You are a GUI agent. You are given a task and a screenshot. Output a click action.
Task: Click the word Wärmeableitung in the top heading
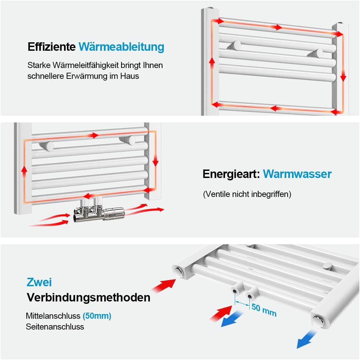coord(121,47)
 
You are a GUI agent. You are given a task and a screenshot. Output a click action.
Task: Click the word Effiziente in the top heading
coord(51,47)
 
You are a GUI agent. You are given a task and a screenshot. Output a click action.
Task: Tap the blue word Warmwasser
coord(297,174)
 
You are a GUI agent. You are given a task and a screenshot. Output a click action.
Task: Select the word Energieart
coord(231,174)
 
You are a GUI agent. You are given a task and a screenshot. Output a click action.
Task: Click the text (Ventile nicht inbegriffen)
coord(247,194)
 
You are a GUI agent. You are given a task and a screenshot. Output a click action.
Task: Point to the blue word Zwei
coord(39,282)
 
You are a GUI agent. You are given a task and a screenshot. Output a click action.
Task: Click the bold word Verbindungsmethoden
coord(89,298)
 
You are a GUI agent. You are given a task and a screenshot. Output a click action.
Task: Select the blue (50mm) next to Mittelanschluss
coord(97,316)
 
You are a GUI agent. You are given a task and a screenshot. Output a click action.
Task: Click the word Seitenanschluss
coord(55,327)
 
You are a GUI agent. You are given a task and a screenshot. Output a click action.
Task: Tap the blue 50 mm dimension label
coord(264,310)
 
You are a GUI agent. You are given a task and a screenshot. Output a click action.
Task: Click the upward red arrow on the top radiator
coord(212,62)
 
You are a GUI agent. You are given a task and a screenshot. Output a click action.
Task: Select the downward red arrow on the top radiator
coord(343,76)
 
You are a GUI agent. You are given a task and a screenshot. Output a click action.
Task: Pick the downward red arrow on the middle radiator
coord(155,161)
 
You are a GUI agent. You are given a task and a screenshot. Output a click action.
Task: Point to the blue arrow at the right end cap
coord(306,339)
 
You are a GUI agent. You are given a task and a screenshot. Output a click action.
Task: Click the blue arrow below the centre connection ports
coord(232,319)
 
